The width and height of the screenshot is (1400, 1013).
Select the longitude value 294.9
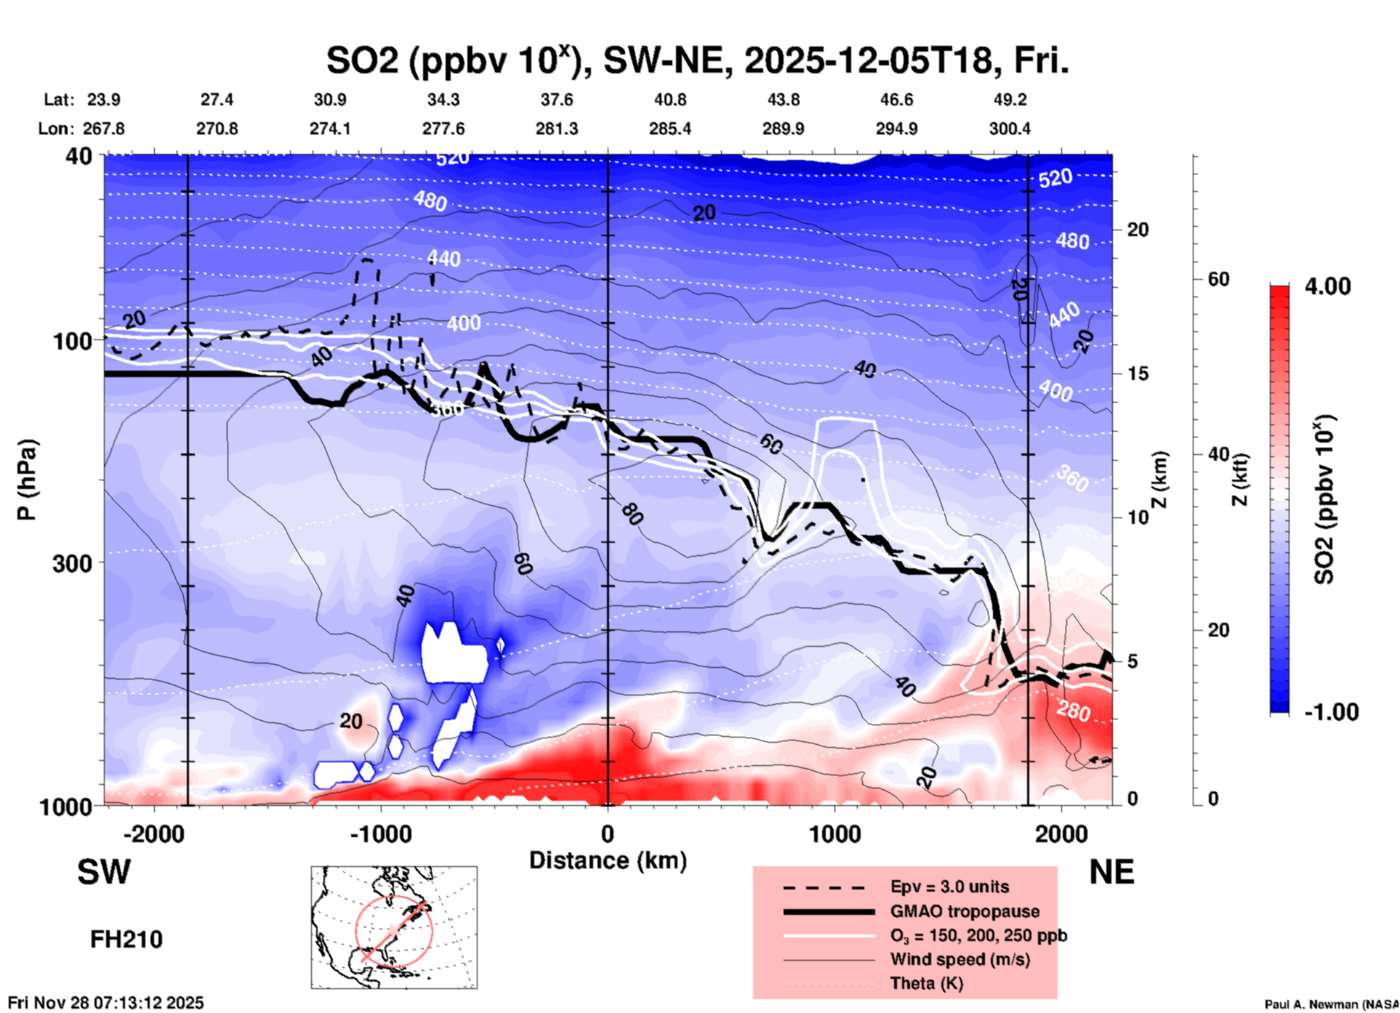(896, 129)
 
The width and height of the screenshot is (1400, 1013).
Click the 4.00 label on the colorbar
(1327, 286)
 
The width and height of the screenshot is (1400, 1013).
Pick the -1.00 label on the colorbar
(1331, 711)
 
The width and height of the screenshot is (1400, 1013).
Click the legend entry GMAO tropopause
(965, 911)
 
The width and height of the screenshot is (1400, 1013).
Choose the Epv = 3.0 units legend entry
(949, 887)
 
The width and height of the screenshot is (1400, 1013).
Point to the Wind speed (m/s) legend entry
(960, 959)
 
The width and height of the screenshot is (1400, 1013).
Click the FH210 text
(126, 940)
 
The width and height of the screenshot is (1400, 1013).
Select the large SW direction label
(104, 872)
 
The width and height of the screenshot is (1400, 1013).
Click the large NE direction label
(1111, 872)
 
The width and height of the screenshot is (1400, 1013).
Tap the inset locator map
(394, 927)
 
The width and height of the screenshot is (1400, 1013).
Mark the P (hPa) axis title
(27, 480)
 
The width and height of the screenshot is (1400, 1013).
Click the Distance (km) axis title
(608, 860)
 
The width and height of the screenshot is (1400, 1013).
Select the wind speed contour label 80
(632, 514)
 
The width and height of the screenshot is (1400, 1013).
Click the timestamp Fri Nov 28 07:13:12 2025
(106, 1003)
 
